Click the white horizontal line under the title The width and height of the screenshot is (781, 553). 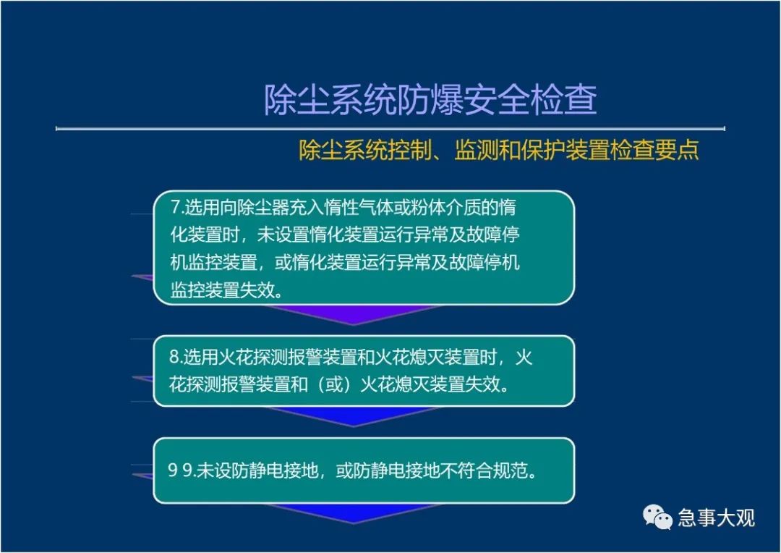(x=390, y=129)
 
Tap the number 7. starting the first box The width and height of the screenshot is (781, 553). (x=177, y=208)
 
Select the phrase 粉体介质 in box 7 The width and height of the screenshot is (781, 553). (x=445, y=208)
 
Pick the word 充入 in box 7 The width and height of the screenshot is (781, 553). (x=298, y=208)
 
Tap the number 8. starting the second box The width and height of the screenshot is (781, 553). (x=176, y=357)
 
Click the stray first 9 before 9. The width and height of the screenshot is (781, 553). (x=173, y=470)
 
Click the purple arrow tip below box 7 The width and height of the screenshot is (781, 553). (x=354, y=324)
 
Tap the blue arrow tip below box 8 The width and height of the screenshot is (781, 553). (x=354, y=426)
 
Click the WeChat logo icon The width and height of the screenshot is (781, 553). (x=657, y=517)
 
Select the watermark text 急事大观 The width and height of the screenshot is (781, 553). (x=716, y=518)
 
